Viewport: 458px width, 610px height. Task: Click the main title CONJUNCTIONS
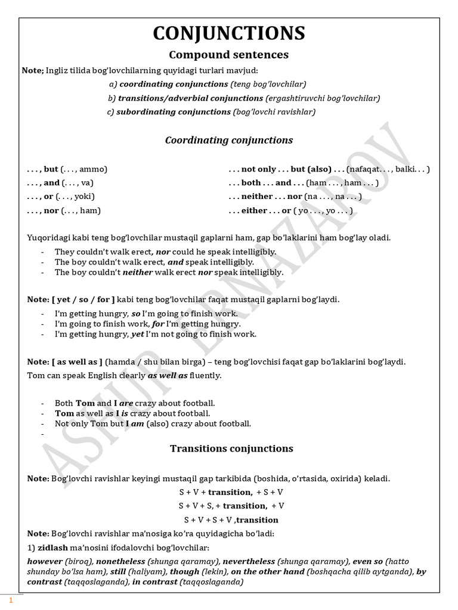point(229,33)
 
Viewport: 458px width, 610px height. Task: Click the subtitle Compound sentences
point(229,55)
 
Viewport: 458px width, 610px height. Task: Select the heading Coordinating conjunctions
point(229,141)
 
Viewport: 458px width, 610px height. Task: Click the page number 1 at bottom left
point(10,600)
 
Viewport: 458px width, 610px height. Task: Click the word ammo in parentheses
point(91,169)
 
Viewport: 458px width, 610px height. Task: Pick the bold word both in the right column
point(251,183)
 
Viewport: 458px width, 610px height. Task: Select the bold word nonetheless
point(120,562)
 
